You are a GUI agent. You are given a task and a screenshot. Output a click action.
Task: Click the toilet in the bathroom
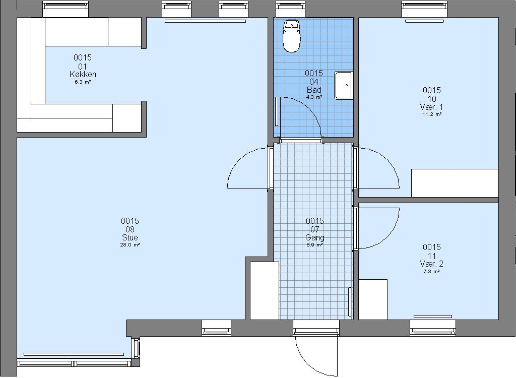(x=292, y=36)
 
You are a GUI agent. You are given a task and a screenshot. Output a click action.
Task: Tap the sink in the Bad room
(x=344, y=85)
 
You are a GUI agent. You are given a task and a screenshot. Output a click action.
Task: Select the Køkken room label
(x=83, y=74)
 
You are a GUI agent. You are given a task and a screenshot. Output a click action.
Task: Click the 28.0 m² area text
(x=130, y=245)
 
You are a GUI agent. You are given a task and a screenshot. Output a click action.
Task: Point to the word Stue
(x=130, y=237)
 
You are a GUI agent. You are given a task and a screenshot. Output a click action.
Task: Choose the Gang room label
(x=315, y=237)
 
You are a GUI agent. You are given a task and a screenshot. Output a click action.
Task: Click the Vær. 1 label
(x=431, y=107)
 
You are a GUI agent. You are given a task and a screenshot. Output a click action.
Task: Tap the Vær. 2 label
(x=431, y=264)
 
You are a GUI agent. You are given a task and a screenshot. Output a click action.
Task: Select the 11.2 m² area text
(x=432, y=114)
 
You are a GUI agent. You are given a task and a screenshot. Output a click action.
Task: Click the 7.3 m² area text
(x=432, y=272)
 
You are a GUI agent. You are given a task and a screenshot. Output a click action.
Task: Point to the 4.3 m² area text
(x=314, y=97)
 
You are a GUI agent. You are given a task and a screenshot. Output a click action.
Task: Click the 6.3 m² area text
(x=83, y=82)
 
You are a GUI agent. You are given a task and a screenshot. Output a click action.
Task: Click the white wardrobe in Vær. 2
(x=373, y=299)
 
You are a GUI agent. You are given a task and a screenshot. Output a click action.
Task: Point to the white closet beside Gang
(x=265, y=290)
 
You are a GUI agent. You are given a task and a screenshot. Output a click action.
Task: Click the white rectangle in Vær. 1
(x=455, y=183)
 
